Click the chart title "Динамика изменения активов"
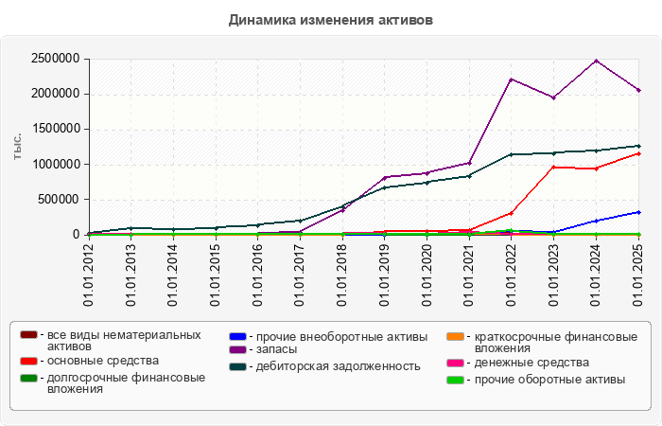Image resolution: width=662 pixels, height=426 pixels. tap(330, 19)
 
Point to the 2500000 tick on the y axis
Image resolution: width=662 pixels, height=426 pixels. tap(55, 59)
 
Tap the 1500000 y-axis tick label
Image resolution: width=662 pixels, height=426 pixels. tap(55, 130)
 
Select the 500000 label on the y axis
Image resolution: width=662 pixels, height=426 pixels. tap(59, 200)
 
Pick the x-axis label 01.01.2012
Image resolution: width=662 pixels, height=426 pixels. tap(89, 275)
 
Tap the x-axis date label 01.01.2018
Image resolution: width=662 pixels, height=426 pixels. tap(343, 275)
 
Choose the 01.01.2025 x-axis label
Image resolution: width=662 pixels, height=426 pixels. tap(639, 275)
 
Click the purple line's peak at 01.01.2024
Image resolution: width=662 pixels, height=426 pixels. tap(596, 61)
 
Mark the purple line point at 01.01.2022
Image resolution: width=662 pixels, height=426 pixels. tap(512, 80)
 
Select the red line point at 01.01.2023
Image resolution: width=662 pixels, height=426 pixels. tap(554, 168)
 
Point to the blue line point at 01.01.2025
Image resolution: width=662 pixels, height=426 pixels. tap(638, 212)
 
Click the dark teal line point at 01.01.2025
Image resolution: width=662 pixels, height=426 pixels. tap(638, 146)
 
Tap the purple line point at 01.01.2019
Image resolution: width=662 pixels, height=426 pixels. tap(385, 177)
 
